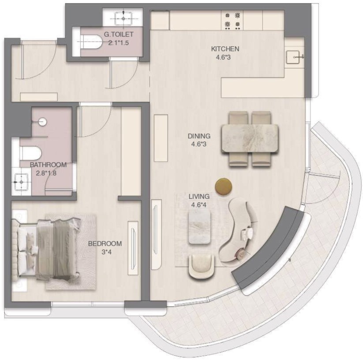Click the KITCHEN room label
click(x=225, y=49)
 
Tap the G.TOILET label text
click(x=119, y=34)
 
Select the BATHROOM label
click(x=48, y=165)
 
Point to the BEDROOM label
click(x=105, y=243)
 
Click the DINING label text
click(x=199, y=136)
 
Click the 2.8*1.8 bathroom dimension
click(x=46, y=173)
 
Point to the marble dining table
click(x=250, y=138)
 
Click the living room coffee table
click(x=199, y=227)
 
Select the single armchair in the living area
click(x=201, y=265)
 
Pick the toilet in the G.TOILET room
click(x=92, y=41)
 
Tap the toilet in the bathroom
click(x=30, y=153)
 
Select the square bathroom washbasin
click(x=21, y=182)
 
